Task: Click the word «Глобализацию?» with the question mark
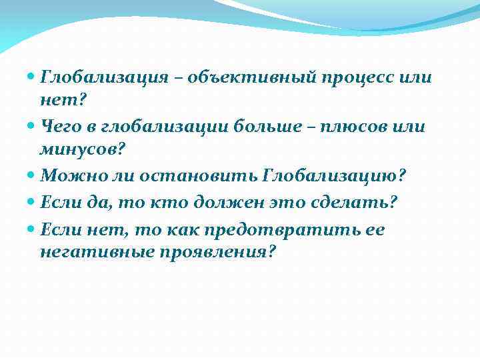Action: [x=335, y=177]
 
